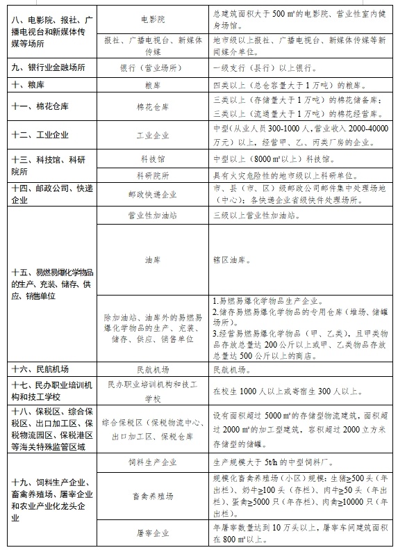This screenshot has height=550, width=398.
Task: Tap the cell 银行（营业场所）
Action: coord(152,69)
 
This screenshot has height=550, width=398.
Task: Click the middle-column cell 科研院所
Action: coord(152,176)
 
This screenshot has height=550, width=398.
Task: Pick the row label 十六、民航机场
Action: coord(41,369)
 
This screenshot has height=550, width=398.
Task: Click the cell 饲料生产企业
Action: coord(152,462)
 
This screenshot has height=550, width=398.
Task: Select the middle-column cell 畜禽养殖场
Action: coord(152,496)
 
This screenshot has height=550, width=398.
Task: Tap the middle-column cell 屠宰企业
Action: coord(152,533)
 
